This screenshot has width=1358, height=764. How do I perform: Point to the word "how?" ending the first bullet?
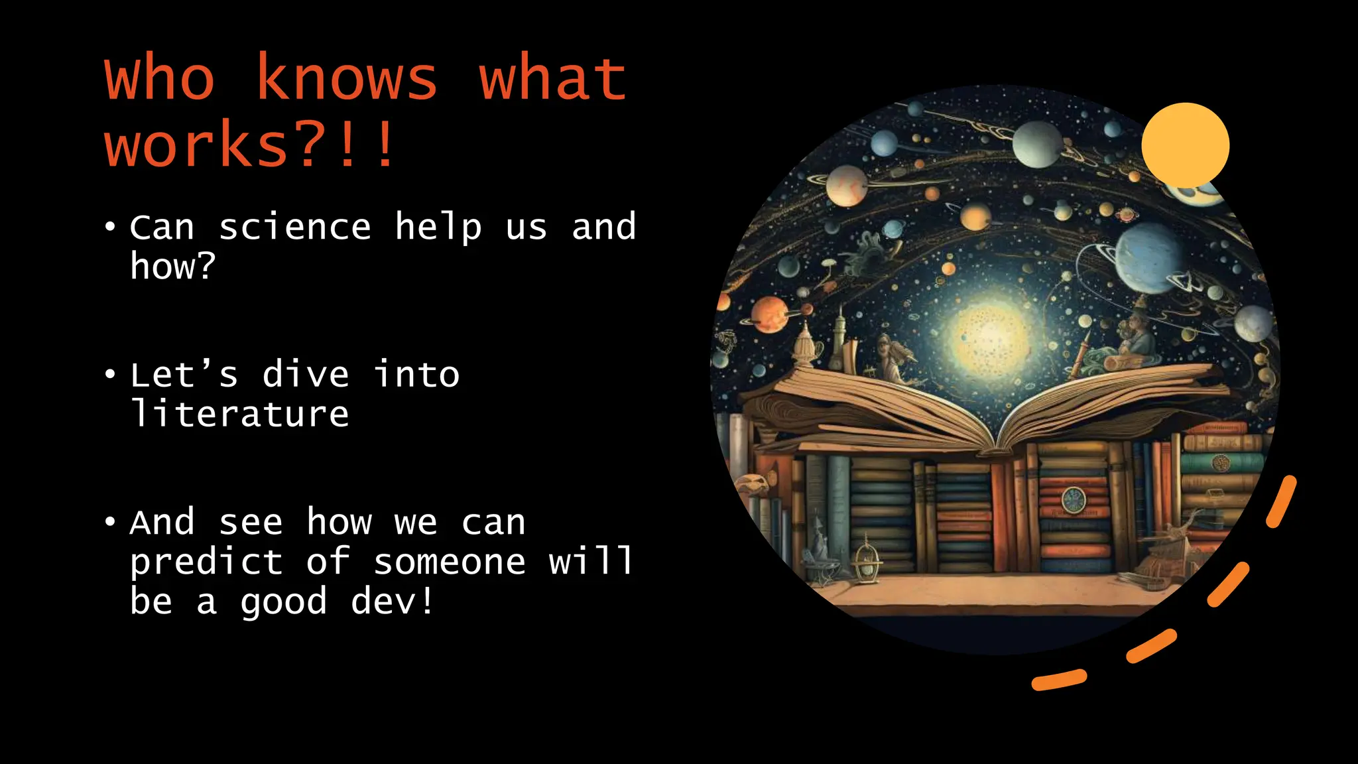(x=172, y=267)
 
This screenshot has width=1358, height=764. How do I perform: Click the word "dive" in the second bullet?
(x=305, y=375)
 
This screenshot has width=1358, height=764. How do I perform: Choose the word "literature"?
(x=239, y=414)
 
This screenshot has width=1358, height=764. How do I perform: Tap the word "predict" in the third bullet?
(x=206, y=562)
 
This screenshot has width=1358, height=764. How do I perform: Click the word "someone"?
(x=450, y=562)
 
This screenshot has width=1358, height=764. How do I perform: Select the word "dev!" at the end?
(x=392, y=602)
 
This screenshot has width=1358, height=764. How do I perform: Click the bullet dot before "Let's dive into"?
(x=110, y=375)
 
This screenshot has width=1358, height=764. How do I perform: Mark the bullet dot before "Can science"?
(x=110, y=227)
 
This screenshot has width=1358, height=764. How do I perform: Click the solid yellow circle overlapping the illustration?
(x=1185, y=145)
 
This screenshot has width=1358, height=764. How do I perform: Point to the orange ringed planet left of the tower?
(x=770, y=314)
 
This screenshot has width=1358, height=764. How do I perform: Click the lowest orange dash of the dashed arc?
(x=1059, y=680)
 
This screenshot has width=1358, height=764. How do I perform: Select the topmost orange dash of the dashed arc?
(x=1281, y=501)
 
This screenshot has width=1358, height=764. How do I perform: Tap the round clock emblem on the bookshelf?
(x=1072, y=500)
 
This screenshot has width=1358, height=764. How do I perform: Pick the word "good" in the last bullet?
(x=284, y=602)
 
